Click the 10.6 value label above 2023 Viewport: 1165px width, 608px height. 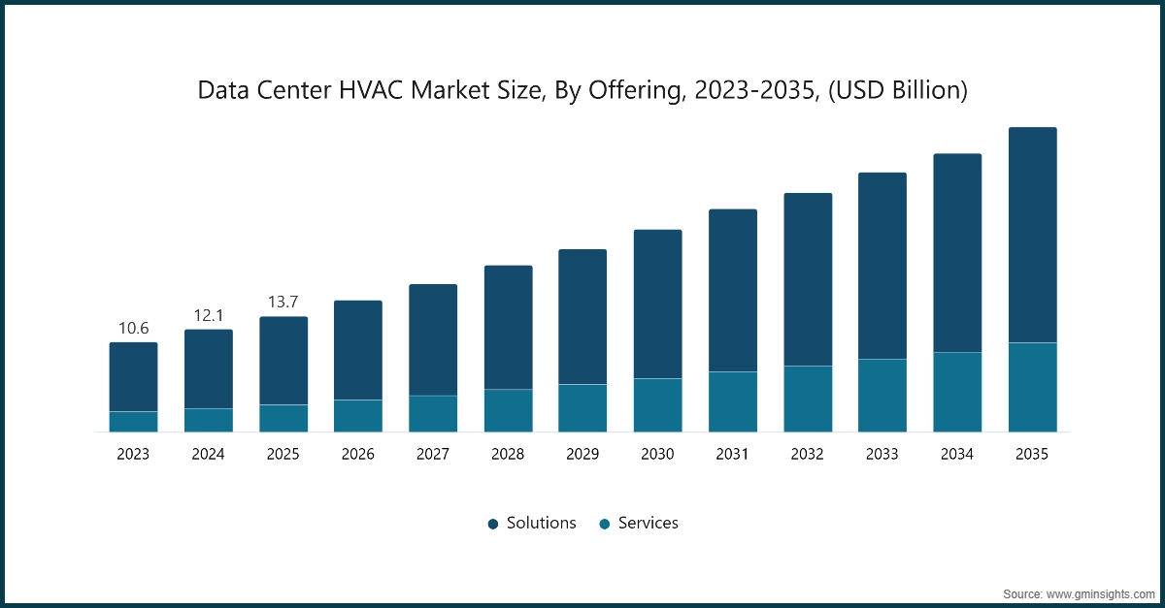coord(133,328)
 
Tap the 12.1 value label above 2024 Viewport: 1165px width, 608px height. coord(208,316)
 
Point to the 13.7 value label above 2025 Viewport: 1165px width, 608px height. coord(283,303)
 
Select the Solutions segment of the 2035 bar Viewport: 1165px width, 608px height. coord(1032,235)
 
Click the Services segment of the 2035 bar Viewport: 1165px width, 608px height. coord(1032,387)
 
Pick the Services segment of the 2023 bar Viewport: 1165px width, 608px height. coord(133,421)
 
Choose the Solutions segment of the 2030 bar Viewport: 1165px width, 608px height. coord(657,304)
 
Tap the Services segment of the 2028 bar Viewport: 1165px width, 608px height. coord(508,410)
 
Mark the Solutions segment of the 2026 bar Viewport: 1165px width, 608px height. coord(357,350)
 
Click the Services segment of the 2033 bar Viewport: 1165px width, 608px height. coord(882,395)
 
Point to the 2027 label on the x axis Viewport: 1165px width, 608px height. coord(433,454)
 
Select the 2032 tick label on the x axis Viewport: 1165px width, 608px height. coord(808,454)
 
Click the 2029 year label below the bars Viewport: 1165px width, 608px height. coord(582,454)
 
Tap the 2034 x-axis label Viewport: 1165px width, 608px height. coord(957,454)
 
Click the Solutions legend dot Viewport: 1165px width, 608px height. coord(493,524)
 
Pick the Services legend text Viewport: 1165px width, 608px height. coord(648,523)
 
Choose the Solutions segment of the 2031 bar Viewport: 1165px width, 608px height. coord(732,290)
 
